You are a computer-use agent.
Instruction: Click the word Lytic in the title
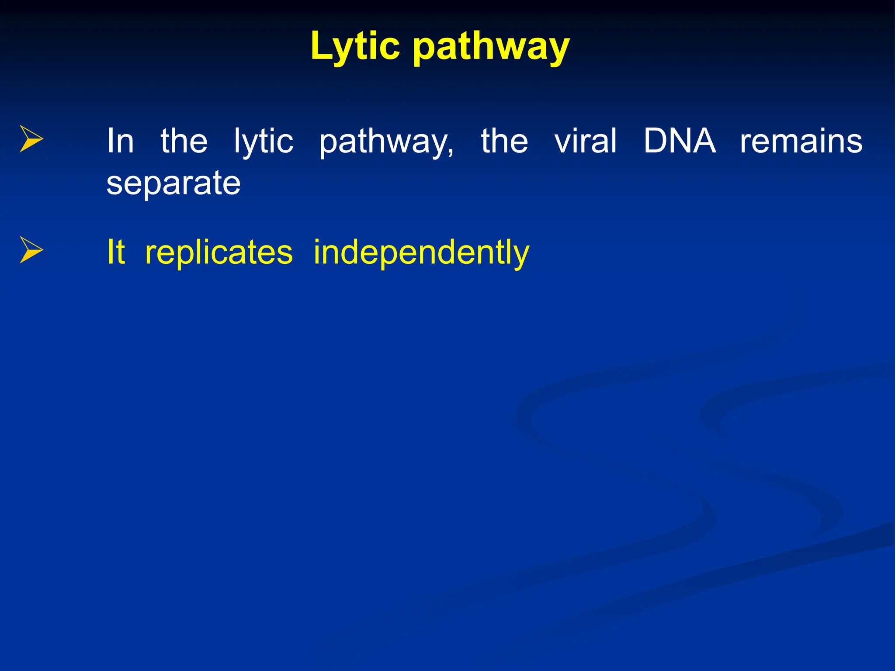click(x=355, y=46)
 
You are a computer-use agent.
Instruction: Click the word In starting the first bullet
click(x=120, y=141)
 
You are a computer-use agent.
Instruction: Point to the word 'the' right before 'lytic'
click(x=184, y=141)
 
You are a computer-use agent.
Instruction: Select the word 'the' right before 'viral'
click(x=504, y=141)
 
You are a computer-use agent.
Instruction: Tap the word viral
click(x=586, y=141)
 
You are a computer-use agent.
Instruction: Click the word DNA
click(x=680, y=141)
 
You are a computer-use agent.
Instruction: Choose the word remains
click(x=801, y=141)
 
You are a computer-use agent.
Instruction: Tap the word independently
click(x=421, y=253)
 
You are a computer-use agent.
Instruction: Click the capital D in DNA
click(x=656, y=141)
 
